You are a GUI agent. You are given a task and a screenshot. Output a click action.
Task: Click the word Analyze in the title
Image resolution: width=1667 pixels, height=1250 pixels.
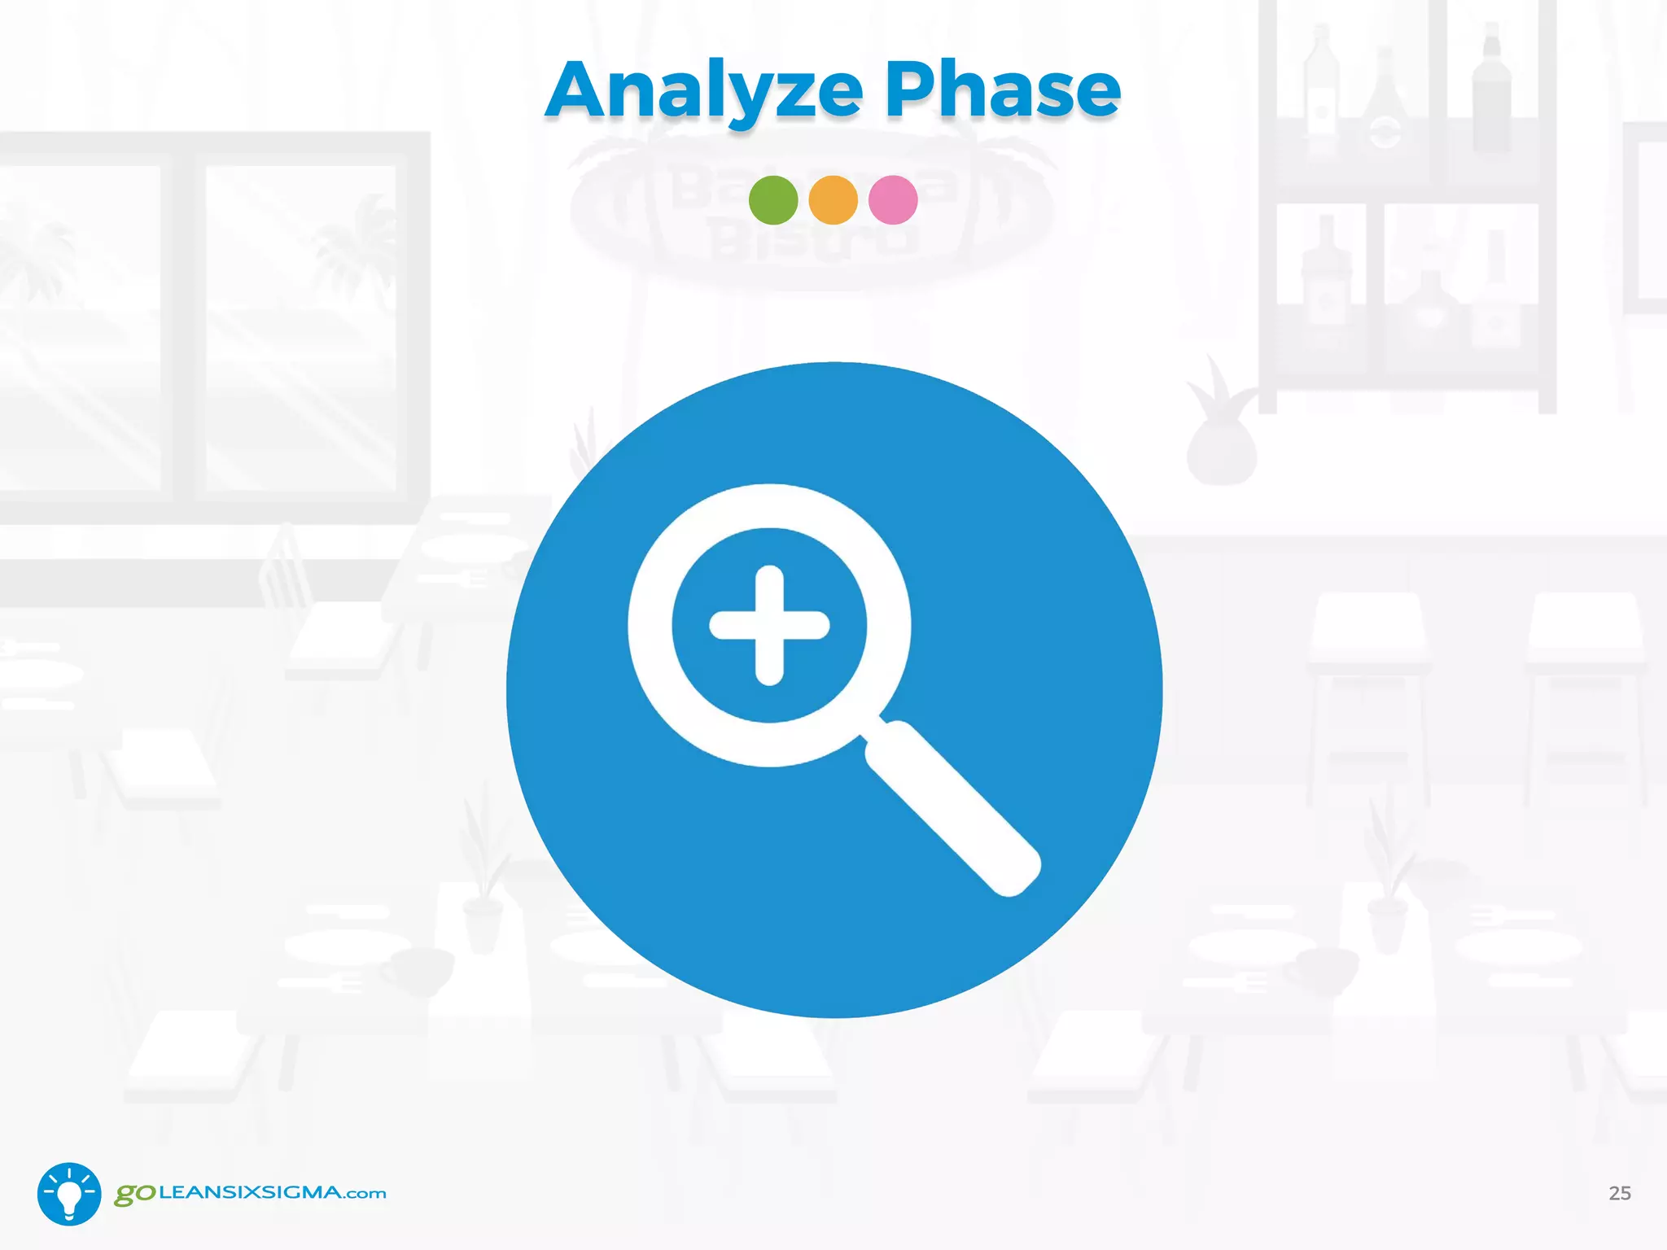point(704,91)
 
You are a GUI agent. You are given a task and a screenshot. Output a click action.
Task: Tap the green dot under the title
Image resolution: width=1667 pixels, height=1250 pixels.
point(773,200)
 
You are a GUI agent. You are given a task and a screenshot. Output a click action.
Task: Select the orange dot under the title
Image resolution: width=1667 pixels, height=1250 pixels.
point(833,200)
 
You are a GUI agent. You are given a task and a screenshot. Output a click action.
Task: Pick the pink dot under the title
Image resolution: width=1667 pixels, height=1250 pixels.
point(893,200)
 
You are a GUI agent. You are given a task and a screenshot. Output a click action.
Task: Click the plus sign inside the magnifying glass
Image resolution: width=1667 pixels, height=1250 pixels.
point(769,625)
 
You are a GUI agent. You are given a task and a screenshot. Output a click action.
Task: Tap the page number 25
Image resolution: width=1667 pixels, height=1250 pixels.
point(1619,1193)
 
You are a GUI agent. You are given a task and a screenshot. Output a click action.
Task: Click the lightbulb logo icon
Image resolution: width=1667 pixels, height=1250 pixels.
point(69,1194)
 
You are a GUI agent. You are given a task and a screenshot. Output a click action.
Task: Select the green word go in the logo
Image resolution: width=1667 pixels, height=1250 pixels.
point(134,1194)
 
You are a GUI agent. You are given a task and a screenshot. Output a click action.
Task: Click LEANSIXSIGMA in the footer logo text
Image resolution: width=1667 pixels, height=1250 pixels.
point(251,1193)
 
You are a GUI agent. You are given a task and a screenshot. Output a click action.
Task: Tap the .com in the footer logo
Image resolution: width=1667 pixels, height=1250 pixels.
point(365,1195)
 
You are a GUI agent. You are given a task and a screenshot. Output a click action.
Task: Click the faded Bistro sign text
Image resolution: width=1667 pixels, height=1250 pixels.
point(814,240)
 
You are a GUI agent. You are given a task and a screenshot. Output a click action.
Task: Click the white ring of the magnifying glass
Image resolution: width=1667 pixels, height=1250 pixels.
point(651,625)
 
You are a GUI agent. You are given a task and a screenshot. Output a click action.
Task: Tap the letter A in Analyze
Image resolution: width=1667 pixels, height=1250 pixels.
point(580,91)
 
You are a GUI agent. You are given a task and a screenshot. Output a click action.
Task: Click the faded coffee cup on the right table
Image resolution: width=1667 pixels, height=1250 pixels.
point(1323,968)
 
